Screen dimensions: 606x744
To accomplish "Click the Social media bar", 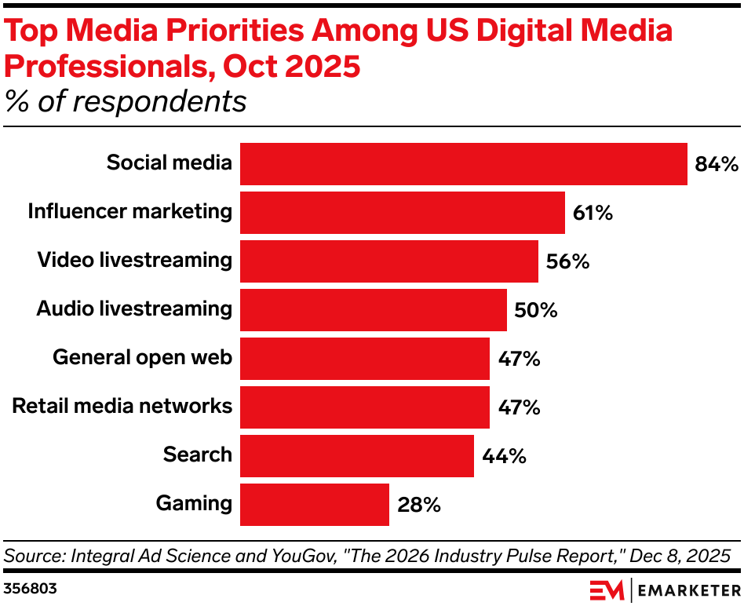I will pos(463,164).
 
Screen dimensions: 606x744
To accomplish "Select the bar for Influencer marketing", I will pos(402,213).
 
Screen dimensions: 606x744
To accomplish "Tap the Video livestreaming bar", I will pos(388,261).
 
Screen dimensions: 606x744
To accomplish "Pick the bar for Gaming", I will pos(314,505).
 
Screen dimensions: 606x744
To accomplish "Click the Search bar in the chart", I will pos(356,456).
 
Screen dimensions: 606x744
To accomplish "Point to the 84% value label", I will pos(717,165).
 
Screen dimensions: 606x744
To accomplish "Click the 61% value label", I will pos(593,213).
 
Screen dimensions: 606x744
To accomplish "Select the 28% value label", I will pos(418,505).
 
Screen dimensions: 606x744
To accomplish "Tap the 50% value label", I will pos(536,310).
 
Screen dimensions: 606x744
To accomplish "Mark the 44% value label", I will pos(503,456).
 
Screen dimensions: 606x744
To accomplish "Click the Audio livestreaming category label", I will pos(134,308).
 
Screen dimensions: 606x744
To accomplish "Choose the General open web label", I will pos(142,358).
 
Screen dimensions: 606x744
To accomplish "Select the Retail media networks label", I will pos(122,406).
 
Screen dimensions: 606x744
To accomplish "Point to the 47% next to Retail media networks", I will pos(519,407).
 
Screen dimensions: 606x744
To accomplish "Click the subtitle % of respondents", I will pos(126,101).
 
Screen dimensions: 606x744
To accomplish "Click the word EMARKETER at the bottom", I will pos(687,589).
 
